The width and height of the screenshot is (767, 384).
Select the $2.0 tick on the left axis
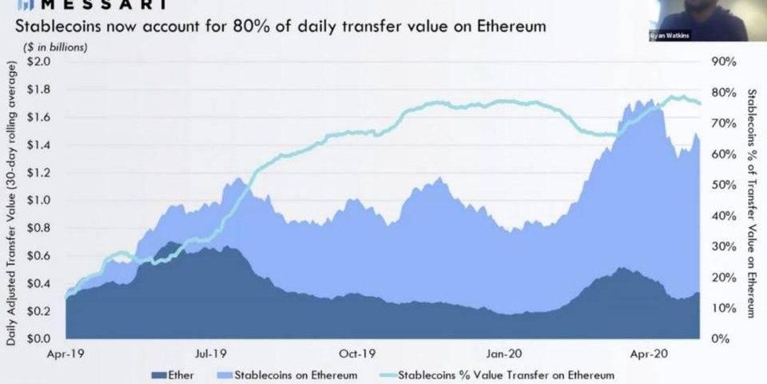pyautogui.click(x=39, y=62)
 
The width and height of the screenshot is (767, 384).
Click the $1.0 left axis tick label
pyautogui.click(x=39, y=200)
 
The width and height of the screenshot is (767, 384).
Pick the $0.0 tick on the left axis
pyautogui.click(x=39, y=338)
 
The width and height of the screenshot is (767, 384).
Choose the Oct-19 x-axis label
pyautogui.click(x=357, y=352)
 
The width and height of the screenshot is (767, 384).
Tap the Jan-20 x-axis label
pyautogui.click(x=504, y=352)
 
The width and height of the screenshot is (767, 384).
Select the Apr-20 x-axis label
pyautogui.click(x=649, y=352)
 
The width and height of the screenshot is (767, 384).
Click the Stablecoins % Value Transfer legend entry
pyautogui.click(x=495, y=374)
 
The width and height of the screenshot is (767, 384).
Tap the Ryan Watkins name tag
pyautogui.click(x=669, y=36)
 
